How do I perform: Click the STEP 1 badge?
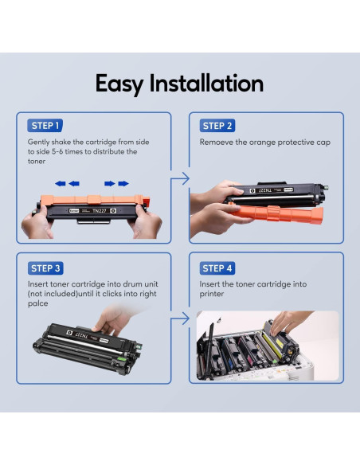(x=45, y=126)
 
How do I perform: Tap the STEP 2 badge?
(x=217, y=126)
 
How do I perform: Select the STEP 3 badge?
(x=45, y=268)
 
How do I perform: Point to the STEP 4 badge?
(x=217, y=268)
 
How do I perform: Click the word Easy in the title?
(x=119, y=84)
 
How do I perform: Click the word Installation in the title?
(x=206, y=84)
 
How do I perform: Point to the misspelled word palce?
(x=38, y=303)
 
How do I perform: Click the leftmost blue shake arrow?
(x=61, y=184)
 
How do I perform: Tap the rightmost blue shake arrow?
(x=123, y=184)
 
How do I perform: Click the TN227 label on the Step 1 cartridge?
(x=100, y=211)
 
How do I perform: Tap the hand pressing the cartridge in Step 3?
(x=114, y=320)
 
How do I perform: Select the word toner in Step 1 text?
(x=37, y=162)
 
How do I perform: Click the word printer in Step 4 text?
(x=212, y=294)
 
